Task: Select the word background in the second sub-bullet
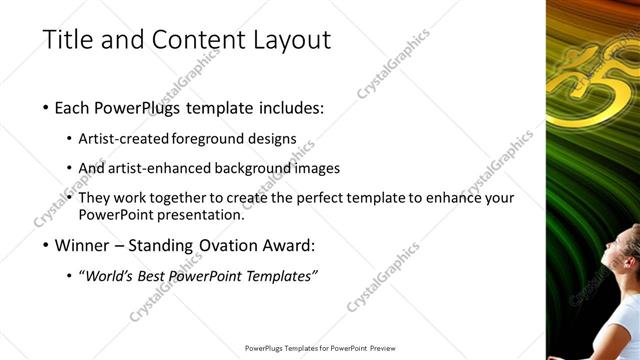[x=260, y=168]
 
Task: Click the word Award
[x=287, y=244]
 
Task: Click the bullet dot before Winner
[x=47, y=245]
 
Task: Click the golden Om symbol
[x=600, y=80]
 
